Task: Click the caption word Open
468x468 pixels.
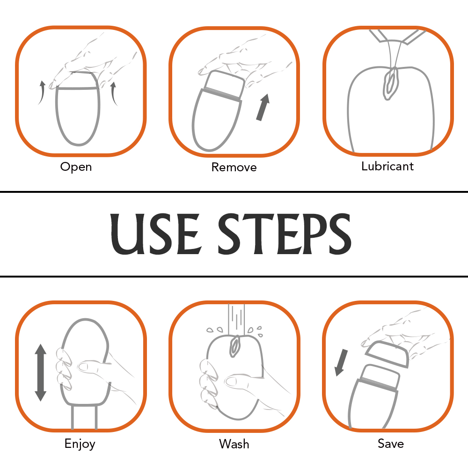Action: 76,167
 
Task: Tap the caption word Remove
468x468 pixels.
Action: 234,167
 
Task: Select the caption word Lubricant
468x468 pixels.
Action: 388,166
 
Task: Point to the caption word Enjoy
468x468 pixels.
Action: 80,444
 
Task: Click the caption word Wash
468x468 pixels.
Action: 234,444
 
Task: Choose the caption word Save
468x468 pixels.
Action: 391,444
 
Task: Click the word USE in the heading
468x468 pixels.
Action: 155,234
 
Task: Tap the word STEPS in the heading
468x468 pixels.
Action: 285,234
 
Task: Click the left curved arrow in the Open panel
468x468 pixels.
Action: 42,93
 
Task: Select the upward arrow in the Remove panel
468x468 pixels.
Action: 263,107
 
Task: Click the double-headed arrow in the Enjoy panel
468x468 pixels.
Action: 41,373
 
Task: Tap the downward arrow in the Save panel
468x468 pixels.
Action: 341,363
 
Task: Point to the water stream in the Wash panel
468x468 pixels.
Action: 236,319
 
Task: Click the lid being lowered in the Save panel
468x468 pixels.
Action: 387,354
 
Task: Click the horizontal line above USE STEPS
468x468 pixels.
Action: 234,191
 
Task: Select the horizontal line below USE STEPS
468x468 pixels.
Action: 234,277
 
